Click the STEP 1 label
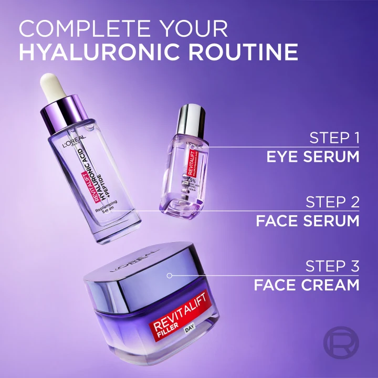(334, 138)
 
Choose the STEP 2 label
(333, 202)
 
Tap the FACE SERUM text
(308, 220)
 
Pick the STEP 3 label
(333, 267)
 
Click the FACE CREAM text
(307, 285)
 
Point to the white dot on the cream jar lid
(170, 275)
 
